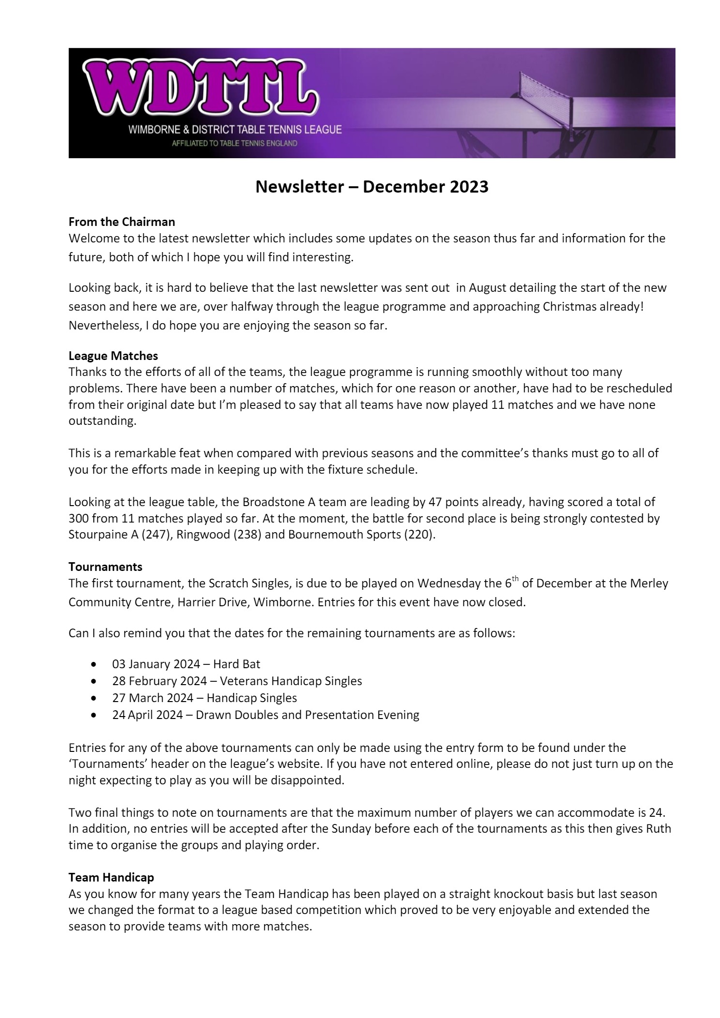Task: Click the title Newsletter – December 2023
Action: click(372, 187)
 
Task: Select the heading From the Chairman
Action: click(121, 222)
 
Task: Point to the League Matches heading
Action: click(113, 356)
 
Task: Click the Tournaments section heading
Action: click(105, 567)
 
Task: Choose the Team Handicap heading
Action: click(111, 877)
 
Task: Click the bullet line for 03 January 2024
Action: click(186, 664)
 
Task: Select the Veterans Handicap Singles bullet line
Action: click(237, 681)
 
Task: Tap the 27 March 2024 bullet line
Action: click(204, 698)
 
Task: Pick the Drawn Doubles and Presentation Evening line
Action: click(265, 715)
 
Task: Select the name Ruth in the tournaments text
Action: click(659, 829)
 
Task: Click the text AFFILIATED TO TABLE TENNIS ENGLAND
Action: click(235, 144)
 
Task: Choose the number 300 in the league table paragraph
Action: click(79, 519)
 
